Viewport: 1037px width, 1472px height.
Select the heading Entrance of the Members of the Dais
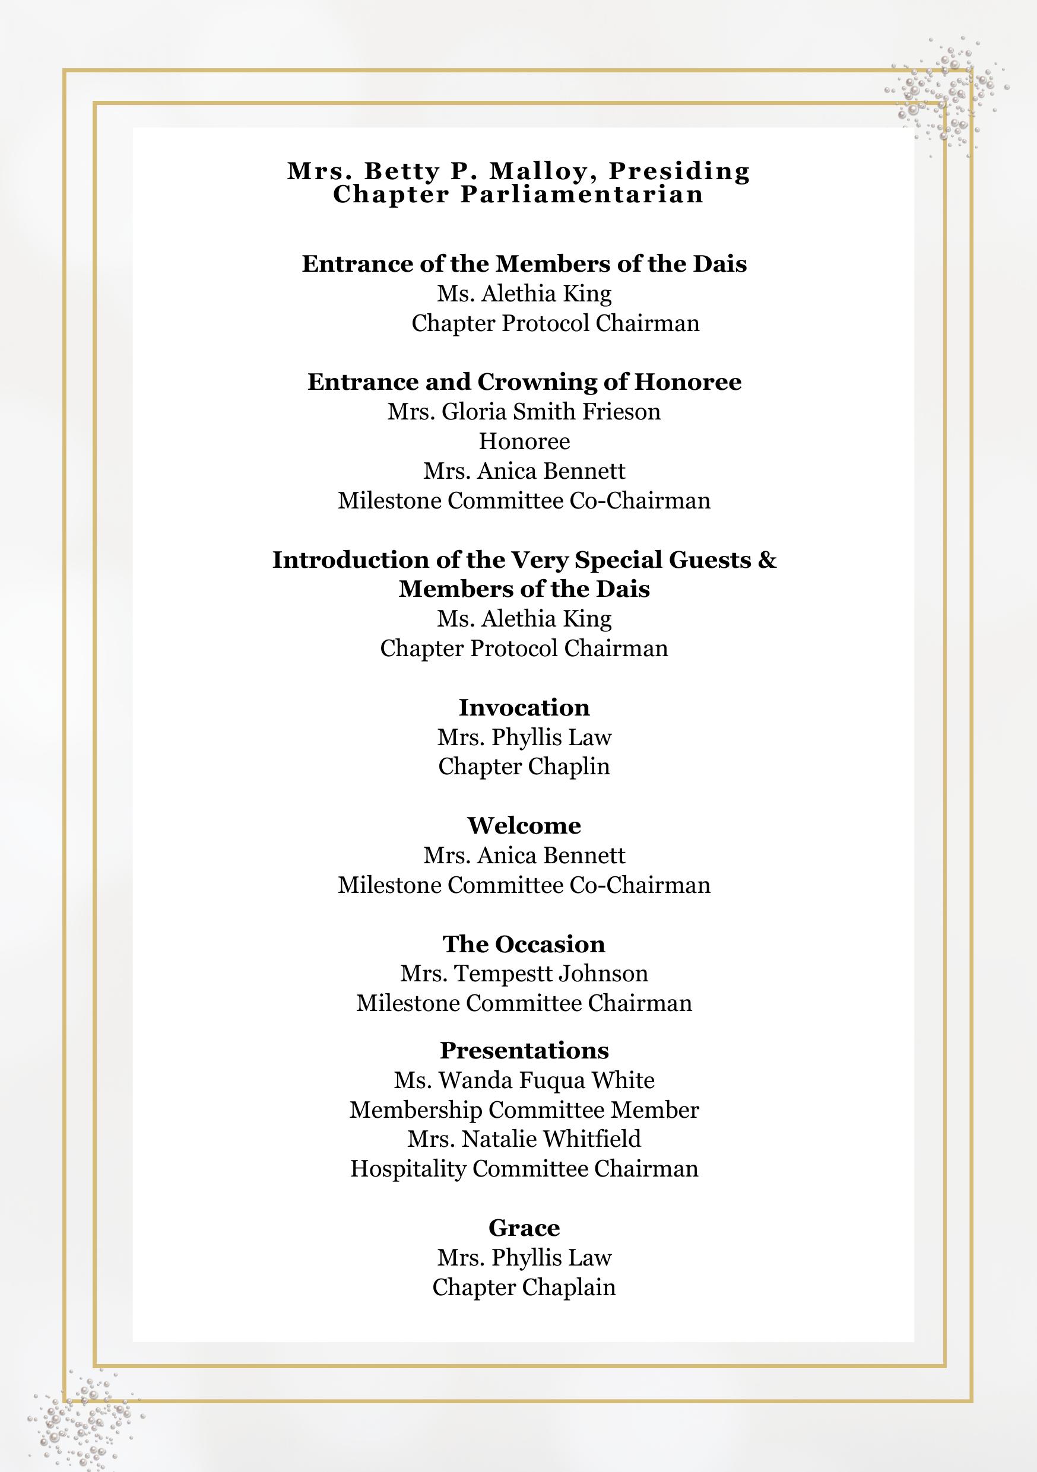coord(524,263)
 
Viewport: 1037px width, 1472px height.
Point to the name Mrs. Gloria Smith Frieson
coord(524,411)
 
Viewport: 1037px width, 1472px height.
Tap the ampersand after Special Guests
coord(767,559)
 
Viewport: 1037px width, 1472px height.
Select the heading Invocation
coord(524,707)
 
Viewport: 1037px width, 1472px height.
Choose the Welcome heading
coord(524,825)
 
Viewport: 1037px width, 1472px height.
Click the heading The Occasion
coord(524,944)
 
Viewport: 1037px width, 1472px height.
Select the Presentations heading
coord(524,1050)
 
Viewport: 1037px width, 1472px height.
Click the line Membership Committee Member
coord(524,1109)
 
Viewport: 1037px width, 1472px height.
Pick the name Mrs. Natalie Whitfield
coord(524,1139)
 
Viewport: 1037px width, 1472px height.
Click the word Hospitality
coord(408,1169)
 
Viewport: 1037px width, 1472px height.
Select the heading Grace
coord(524,1228)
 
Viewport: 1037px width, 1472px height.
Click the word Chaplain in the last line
coord(569,1287)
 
